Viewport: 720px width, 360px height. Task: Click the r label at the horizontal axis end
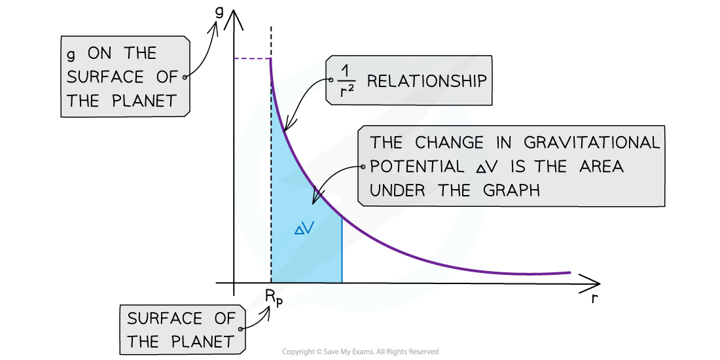pos(594,298)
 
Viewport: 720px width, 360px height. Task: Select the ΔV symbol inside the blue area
pos(304,229)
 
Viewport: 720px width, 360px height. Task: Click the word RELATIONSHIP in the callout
pos(427,81)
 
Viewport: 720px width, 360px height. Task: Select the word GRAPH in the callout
pos(511,190)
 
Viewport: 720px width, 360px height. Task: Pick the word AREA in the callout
pos(601,166)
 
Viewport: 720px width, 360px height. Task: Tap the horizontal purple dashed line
pos(252,58)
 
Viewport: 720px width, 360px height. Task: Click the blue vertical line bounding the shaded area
pos(342,249)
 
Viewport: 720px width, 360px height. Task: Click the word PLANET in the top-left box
pos(144,101)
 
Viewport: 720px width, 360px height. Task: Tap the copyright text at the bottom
pos(361,351)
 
